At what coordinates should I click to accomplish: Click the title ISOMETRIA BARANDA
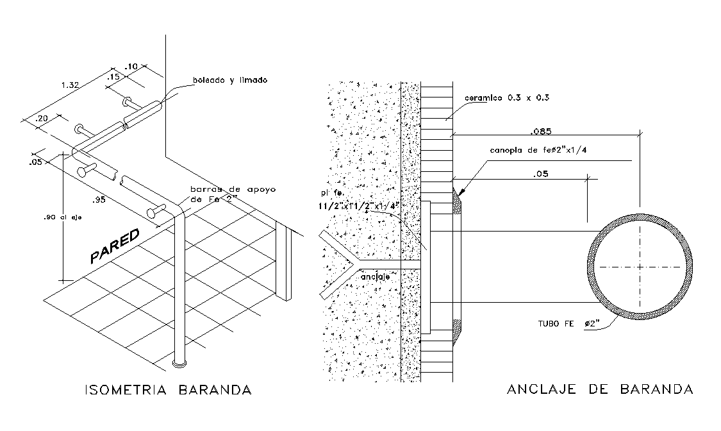pos(168,390)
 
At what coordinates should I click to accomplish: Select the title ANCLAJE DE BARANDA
pos(600,390)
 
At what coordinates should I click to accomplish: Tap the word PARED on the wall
pos(115,247)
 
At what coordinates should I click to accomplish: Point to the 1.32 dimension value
pos(70,85)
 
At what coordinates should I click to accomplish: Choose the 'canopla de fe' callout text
pos(538,151)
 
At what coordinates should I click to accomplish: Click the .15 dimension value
pos(113,76)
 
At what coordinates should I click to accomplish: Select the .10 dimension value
pos(132,67)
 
